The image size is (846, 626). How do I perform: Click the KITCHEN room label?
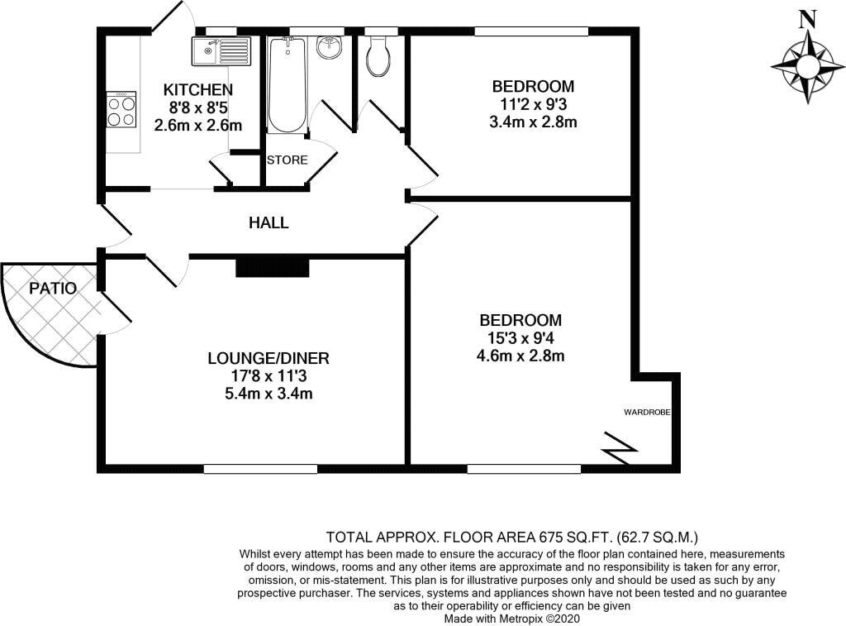coord(197,89)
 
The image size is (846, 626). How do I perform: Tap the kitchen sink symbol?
coord(220,51)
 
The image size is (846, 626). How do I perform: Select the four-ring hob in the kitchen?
coord(121,110)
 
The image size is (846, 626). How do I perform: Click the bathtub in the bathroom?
coord(287,86)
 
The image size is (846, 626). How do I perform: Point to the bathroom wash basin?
coord(329,47)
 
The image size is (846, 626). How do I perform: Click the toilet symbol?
coord(379,56)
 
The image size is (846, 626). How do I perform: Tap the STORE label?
coord(287,160)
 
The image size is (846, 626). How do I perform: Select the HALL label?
coord(269,222)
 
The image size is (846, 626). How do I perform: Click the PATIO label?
coord(53,289)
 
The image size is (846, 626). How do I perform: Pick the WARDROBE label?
coord(645,410)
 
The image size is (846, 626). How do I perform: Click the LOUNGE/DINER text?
coord(269,358)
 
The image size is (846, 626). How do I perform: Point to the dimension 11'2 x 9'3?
coord(533,105)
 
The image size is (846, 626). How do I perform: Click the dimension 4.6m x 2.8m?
coord(521,356)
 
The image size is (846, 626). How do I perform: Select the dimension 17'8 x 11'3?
coord(269,376)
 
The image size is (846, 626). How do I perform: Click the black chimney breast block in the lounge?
coord(272,267)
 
